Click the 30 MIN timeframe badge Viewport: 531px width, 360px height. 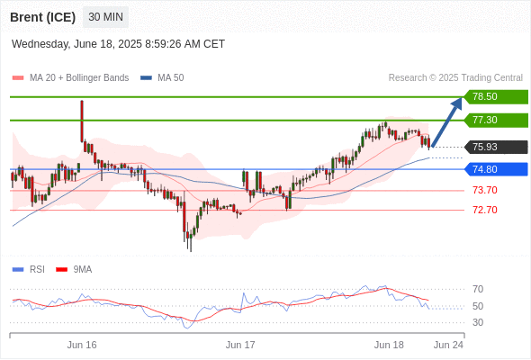click(x=105, y=17)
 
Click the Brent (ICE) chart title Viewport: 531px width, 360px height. click(x=42, y=17)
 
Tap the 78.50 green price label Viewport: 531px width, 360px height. click(x=495, y=97)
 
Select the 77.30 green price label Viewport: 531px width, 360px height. click(x=495, y=121)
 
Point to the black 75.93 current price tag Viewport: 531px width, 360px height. click(x=495, y=148)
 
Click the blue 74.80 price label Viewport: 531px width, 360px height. click(x=495, y=169)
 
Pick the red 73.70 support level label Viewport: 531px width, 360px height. click(x=485, y=190)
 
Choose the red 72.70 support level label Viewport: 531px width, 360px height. click(x=485, y=210)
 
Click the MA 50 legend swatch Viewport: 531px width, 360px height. click(x=146, y=78)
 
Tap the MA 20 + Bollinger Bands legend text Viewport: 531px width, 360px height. click(x=79, y=78)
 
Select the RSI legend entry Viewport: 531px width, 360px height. click(x=29, y=270)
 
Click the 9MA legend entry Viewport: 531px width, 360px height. click(x=74, y=270)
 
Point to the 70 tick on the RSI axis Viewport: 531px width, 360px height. click(x=478, y=289)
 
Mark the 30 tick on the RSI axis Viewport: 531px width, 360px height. click(x=478, y=322)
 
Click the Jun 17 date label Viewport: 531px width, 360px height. click(x=240, y=345)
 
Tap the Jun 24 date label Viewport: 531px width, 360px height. click(x=448, y=345)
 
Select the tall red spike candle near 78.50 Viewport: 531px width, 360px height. click(x=82, y=121)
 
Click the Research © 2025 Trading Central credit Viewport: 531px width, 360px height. click(x=455, y=78)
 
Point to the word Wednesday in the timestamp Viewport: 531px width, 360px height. click(x=40, y=44)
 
